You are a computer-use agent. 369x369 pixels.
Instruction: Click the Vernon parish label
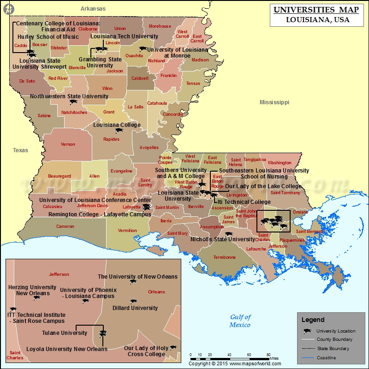tap(68, 144)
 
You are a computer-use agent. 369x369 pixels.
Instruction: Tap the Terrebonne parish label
tap(224, 257)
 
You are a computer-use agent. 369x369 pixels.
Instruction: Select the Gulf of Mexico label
tap(240, 321)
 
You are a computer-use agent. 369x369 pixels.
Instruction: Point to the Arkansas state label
tap(93, 8)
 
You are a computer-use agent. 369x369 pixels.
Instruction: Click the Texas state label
tap(20, 150)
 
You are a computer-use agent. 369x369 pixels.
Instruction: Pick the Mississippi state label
tap(274, 102)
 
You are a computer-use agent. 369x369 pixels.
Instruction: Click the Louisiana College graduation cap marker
tap(119, 131)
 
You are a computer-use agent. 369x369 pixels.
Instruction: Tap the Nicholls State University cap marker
tap(228, 233)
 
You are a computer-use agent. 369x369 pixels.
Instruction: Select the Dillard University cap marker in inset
tap(134, 302)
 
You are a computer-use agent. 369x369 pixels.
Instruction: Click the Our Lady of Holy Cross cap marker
tap(173, 348)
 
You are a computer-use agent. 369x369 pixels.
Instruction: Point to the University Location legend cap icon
tap(306, 331)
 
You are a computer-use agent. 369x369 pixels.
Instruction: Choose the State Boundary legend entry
tap(333, 349)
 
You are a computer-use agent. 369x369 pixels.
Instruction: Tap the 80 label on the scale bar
tap(268, 354)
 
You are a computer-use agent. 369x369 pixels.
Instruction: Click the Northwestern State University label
tap(69, 96)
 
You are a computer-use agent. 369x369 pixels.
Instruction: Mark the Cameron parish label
tap(65, 226)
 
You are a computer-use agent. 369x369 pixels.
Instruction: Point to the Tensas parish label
tap(193, 83)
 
